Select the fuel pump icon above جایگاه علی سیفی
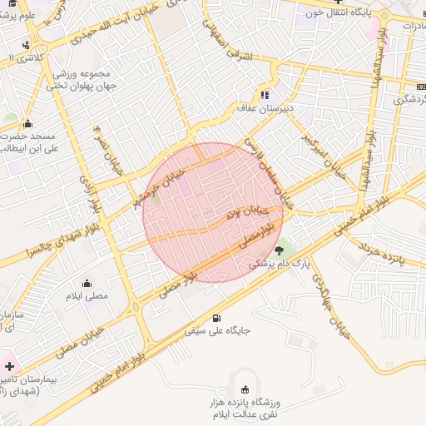tap(217, 318)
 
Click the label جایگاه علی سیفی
tap(215, 331)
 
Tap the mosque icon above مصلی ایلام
tap(87, 282)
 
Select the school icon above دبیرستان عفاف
tap(265, 94)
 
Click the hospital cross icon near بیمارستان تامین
tap(9, 366)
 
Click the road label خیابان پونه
tap(245, 212)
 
